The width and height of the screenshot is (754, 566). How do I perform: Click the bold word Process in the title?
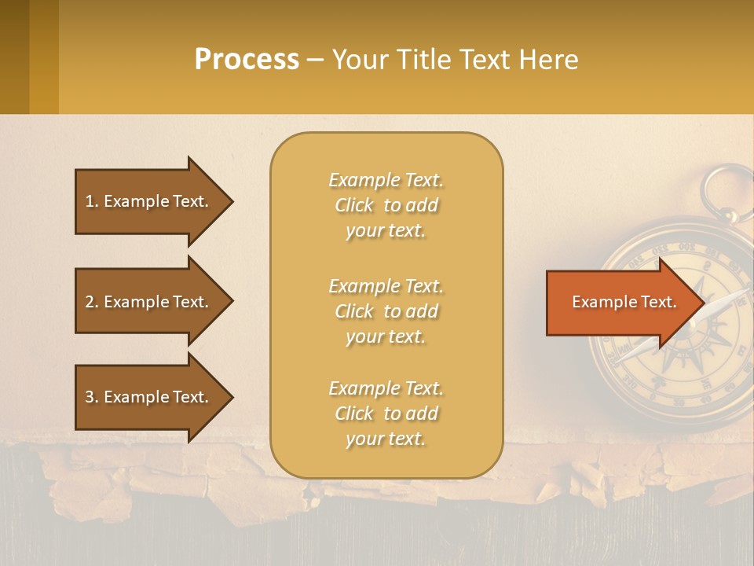(247, 60)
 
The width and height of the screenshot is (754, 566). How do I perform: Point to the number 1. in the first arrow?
(92, 201)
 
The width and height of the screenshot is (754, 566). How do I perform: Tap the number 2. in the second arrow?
(92, 302)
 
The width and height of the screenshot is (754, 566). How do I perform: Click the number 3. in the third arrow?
(92, 397)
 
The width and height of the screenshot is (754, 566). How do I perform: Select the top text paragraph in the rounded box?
(386, 205)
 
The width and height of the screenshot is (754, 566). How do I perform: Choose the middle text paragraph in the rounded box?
(386, 311)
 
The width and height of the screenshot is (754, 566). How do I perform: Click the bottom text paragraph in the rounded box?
(386, 413)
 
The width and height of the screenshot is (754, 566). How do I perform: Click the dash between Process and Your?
(315, 61)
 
